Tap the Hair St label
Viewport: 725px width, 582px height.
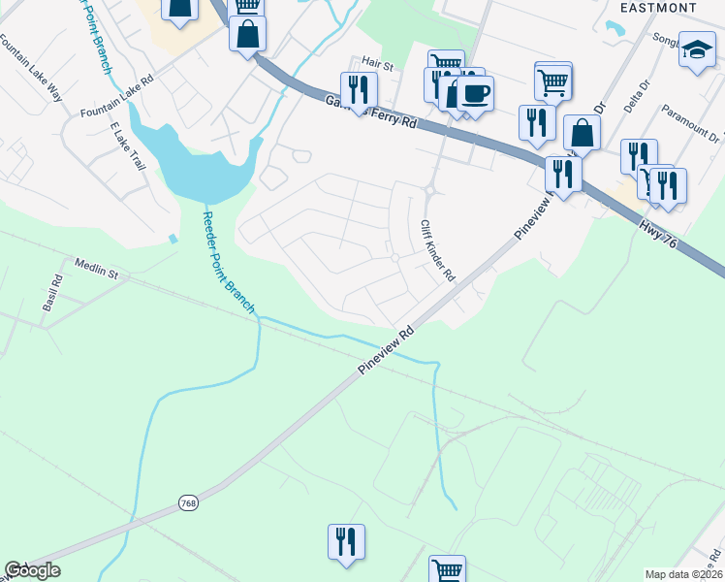tap(377, 66)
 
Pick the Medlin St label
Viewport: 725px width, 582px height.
tap(96, 269)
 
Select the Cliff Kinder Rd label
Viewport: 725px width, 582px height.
tap(437, 249)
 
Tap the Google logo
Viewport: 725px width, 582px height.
tap(32, 570)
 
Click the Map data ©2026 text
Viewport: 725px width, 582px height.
tap(683, 574)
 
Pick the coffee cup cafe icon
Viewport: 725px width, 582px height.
tap(475, 94)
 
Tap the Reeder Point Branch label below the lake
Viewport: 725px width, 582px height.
tap(229, 263)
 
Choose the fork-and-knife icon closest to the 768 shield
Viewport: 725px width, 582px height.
tap(346, 542)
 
